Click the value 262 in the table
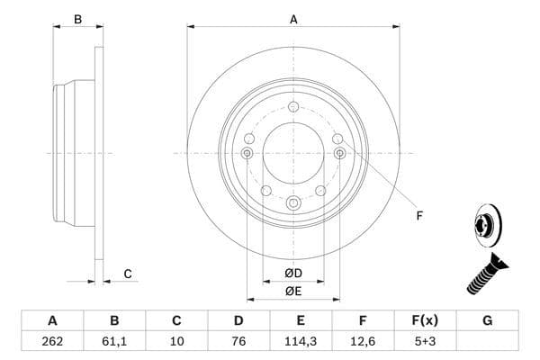click(x=52, y=341)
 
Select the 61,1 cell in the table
click(x=114, y=341)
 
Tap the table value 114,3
click(x=301, y=341)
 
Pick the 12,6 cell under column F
click(x=363, y=341)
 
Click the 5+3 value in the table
click(x=425, y=341)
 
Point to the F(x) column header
click(x=425, y=320)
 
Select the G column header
click(x=487, y=320)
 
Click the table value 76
click(x=238, y=341)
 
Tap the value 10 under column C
click(x=176, y=341)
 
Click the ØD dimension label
click(x=293, y=274)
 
